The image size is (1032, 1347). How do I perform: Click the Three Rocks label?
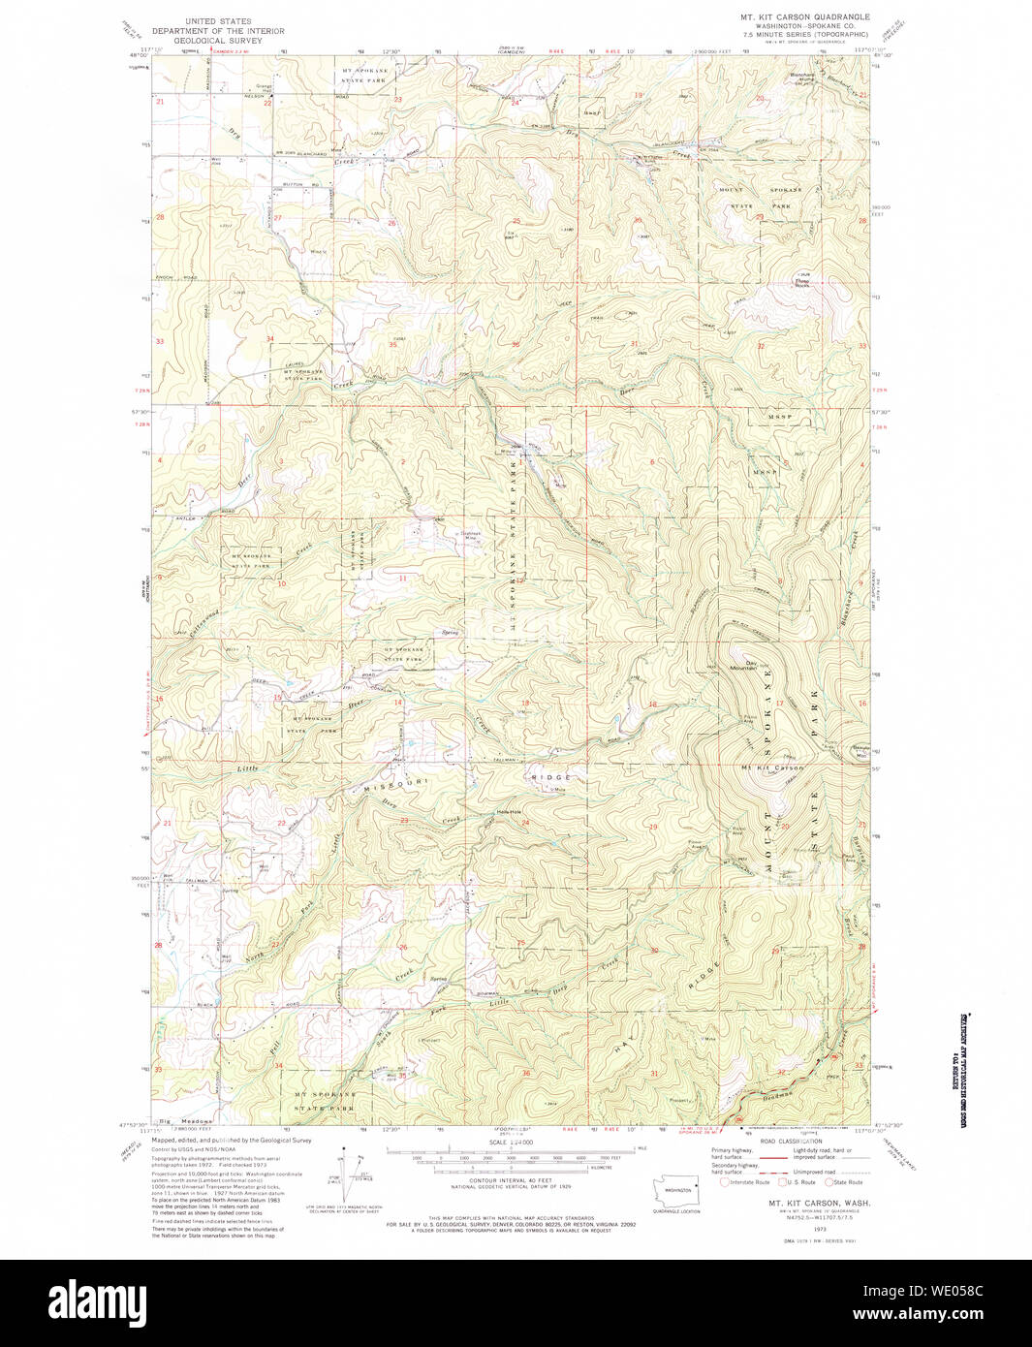click(803, 283)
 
